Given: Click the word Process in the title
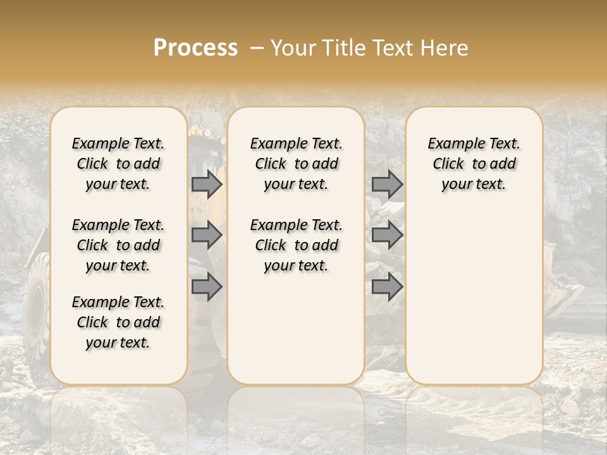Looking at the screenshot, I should tap(195, 48).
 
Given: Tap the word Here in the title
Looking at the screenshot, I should tap(445, 48).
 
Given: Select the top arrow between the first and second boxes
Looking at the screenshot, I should tap(207, 185).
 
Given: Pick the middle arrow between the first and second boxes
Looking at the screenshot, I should tap(207, 236).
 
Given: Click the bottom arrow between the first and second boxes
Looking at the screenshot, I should tap(207, 287).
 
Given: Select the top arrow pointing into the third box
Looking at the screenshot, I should tap(387, 185).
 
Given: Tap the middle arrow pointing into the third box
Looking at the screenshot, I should tap(387, 236).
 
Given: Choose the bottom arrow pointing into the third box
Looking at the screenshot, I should tap(387, 287).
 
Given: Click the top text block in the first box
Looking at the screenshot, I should tap(118, 164).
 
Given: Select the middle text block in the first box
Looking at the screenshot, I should tap(118, 245).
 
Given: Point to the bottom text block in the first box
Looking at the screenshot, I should tap(118, 322).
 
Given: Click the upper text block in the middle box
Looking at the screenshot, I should tap(296, 164).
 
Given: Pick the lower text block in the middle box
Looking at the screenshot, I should tap(296, 245).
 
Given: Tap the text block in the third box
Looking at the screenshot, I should tap(474, 164).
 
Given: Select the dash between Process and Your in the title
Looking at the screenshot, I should tap(256, 48).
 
